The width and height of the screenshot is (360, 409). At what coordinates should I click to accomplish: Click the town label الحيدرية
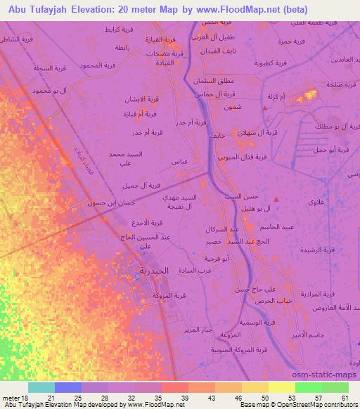coord(153,271)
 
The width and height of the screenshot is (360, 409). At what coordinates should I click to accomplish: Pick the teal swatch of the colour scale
coord(41,388)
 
